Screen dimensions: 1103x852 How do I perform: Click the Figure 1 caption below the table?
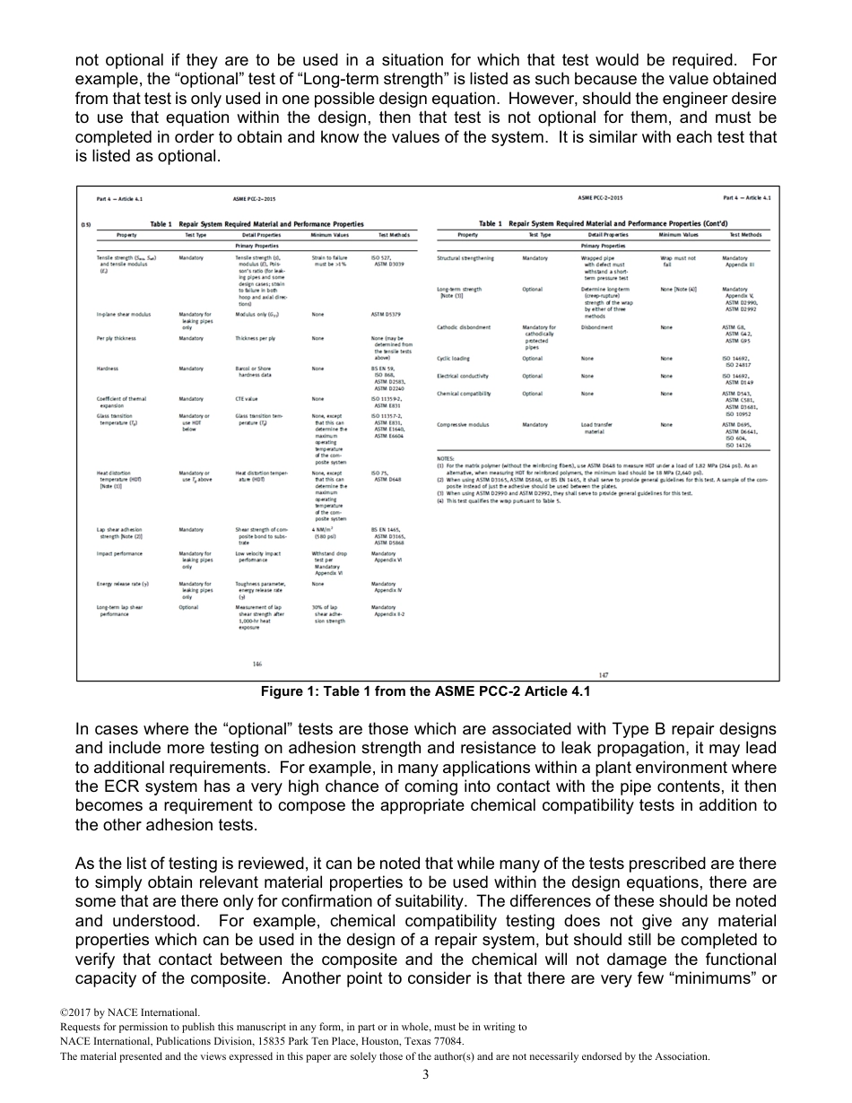pos(425,691)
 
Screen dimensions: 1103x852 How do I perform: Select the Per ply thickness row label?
pos(116,338)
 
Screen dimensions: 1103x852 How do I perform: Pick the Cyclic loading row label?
pos(453,358)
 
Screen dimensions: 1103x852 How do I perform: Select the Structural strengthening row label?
pos(466,258)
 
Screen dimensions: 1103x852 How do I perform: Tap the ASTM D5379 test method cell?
pos(387,315)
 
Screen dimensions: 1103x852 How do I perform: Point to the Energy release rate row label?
pos(122,584)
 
